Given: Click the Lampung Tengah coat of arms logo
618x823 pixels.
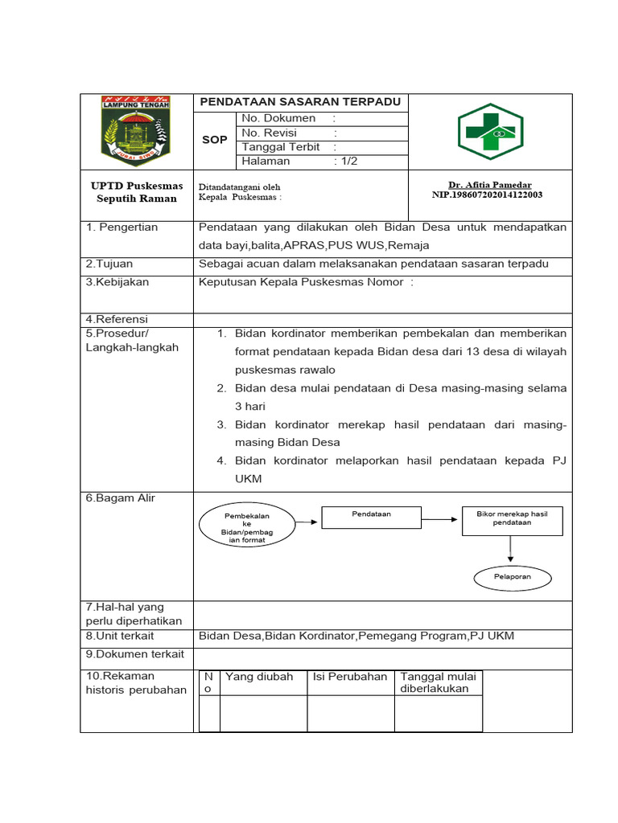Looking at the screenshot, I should pyautogui.click(x=136, y=131).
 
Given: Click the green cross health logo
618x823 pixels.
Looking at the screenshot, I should pyautogui.click(x=490, y=131).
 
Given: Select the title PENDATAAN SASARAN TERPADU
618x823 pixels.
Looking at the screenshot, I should pyautogui.click(x=300, y=102).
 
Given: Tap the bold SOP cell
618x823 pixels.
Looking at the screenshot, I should pyautogui.click(x=214, y=140).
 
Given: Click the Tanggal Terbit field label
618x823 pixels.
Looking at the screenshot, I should pyautogui.click(x=281, y=147).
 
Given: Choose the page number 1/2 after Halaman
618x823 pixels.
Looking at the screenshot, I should pyautogui.click(x=348, y=162).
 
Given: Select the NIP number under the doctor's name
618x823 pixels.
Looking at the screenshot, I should pyautogui.click(x=487, y=194).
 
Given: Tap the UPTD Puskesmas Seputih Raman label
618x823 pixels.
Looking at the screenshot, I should pyautogui.click(x=137, y=192).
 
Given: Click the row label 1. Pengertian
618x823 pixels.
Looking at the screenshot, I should pyautogui.click(x=122, y=227).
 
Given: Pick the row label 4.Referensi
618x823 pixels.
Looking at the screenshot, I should pyautogui.click(x=117, y=319).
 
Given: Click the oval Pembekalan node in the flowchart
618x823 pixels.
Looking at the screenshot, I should pyautogui.click(x=247, y=526).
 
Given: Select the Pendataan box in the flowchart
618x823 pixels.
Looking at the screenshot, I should pyautogui.click(x=371, y=517).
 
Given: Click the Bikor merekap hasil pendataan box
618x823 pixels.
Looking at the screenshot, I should pyautogui.click(x=512, y=520).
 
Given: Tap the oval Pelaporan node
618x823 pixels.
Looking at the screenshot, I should pyautogui.click(x=512, y=577).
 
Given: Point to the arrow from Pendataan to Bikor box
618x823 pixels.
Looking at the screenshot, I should pyautogui.click(x=441, y=520).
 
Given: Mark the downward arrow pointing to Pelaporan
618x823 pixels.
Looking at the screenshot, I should pyautogui.click(x=510, y=550).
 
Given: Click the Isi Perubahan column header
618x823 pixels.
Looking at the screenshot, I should pyautogui.click(x=350, y=677).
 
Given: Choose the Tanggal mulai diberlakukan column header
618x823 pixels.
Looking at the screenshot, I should pyautogui.click(x=438, y=682).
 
